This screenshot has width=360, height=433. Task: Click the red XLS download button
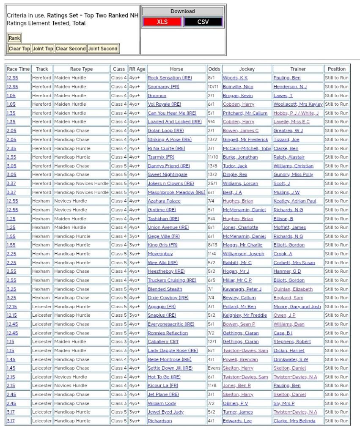click(x=162, y=22)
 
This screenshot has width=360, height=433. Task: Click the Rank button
click(x=14, y=38)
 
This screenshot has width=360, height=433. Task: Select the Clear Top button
click(x=19, y=49)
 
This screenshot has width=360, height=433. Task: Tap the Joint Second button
click(x=103, y=49)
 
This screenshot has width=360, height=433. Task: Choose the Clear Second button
click(x=71, y=49)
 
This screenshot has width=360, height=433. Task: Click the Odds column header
click(x=214, y=69)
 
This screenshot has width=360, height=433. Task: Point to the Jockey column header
click(x=247, y=69)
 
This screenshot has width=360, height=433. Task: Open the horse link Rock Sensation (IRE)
click(x=170, y=78)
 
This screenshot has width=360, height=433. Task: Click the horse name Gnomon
click(x=157, y=96)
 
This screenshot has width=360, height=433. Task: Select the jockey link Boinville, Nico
click(x=238, y=87)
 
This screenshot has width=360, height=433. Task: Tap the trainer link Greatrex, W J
click(x=288, y=131)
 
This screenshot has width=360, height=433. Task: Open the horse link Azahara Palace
click(x=164, y=201)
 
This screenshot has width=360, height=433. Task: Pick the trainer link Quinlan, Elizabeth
click(x=293, y=289)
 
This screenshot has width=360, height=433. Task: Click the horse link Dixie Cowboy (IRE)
click(x=168, y=298)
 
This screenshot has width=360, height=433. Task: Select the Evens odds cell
click(x=214, y=368)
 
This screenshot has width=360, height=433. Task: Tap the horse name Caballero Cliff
click(x=163, y=342)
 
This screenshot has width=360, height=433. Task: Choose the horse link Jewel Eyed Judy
click(x=165, y=412)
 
